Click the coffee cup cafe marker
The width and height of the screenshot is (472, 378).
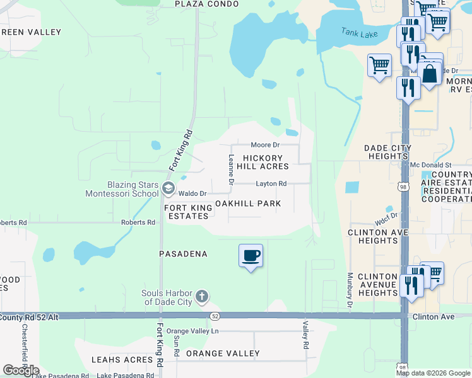[x=251, y=255]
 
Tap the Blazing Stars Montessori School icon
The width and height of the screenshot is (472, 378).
[x=168, y=188]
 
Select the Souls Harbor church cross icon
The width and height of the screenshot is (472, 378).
[x=201, y=296]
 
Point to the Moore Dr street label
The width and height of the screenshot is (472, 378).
[x=265, y=145]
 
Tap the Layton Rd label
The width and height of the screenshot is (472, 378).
[x=271, y=184]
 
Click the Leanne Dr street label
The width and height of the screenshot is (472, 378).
[x=232, y=170]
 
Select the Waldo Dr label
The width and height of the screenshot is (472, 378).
[x=193, y=193]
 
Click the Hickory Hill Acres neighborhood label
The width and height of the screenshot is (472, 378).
[x=266, y=162]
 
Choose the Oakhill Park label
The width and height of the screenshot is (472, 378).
[x=248, y=203]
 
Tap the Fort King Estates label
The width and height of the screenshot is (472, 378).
[x=186, y=211]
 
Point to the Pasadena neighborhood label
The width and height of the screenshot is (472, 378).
[x=184, y=254]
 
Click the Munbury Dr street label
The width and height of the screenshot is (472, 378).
[x=349, y=291]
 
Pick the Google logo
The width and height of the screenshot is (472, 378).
[x=21, y=370]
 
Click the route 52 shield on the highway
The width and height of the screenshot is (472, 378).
[x=215, y=316]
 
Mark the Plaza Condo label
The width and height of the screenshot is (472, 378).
[x=207, y=4]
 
